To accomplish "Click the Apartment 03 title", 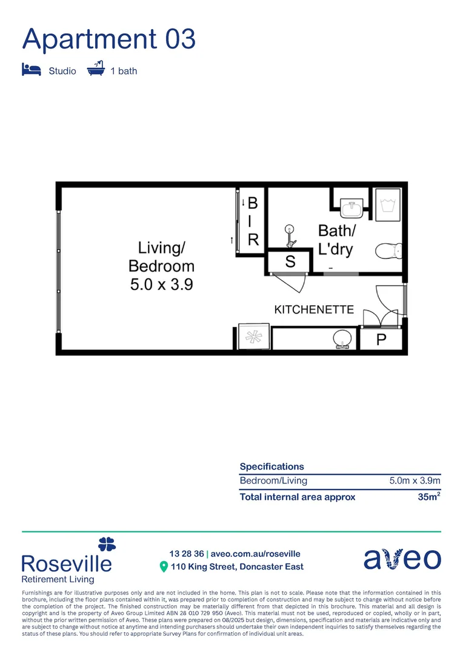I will point(109,39).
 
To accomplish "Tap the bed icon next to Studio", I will point(31,70).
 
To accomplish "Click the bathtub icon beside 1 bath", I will point(96,69).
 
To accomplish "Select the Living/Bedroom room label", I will point(162,257).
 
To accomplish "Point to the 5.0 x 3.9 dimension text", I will point(162,284).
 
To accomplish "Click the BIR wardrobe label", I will point(253,221).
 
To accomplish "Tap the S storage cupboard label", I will point(290,262).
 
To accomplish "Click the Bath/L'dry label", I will point(336,240).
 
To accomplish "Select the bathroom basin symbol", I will point(351,209).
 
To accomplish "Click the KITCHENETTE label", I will point(314,309).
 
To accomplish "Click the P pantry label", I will point(381,340).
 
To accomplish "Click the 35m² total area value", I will point(428,497).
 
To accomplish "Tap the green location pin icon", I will point(163,566).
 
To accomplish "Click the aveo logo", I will point(402,559).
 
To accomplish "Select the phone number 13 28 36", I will point(187,554).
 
